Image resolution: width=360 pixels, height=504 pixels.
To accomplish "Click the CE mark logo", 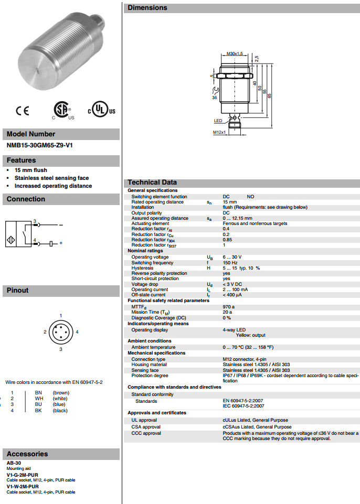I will pyautogui.click(x=23, y=111).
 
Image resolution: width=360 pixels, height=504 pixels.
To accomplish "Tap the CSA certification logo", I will pyautogui.click(x=62, y=110).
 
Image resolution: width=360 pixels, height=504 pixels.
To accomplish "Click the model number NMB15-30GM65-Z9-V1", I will pyautogui.click(x=40, y=145).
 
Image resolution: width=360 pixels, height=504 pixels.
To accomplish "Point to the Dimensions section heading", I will pyautogui.click(x=147, y=8).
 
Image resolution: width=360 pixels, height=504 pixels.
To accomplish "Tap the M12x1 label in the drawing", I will pyautogui.click(x=219, y=132).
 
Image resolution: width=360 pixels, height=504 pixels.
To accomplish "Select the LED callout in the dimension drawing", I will pyautogui.click(x=218, y=121).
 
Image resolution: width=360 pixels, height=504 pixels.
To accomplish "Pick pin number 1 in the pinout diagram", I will pyautogui.click(x=61, y=315).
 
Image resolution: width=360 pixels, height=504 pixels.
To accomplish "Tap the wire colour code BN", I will pyautogui.click(x=38, y=392).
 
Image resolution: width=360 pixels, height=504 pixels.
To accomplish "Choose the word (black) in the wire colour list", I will pyautogui.click(x=60, y=411).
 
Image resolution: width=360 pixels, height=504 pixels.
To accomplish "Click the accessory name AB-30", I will pyautogui.click(x=14, y=463).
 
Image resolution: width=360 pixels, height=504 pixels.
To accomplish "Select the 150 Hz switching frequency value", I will pyautogui.click(x=230, y=263).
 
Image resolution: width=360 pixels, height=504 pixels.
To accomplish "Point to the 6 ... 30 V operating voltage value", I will pyautogui.click(x=232, y=257).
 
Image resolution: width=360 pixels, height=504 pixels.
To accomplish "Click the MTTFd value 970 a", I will pyautogui.click(x=228, y=306).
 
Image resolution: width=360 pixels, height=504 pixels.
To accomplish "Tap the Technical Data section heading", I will pyautogui.click(x=152, y=183).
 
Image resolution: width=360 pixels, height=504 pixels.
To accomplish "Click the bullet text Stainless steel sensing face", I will pyautogui.click(x=51, y=178).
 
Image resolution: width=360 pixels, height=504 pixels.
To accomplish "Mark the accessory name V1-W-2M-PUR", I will pyautogui.click(x=23, y=486).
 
